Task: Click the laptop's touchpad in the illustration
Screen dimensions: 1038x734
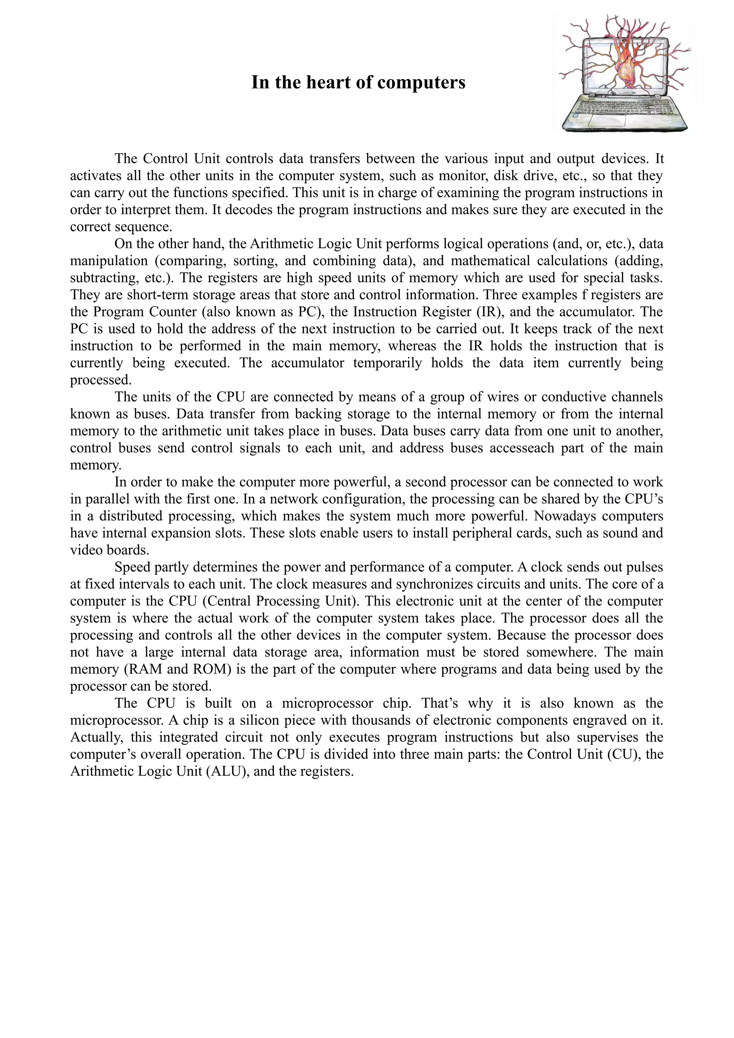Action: (x=602, y=119)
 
